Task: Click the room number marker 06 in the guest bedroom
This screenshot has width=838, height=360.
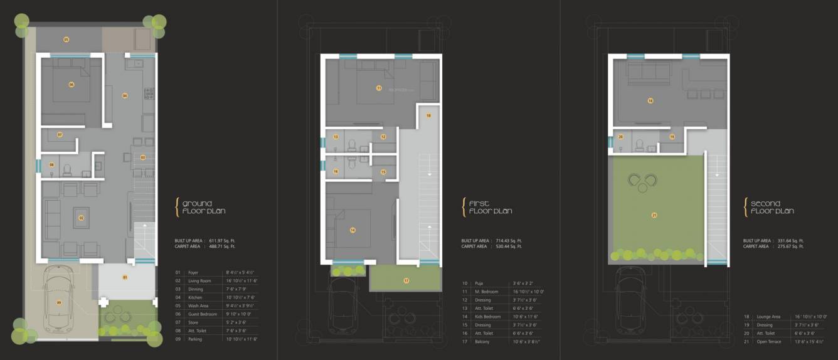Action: point(72,84)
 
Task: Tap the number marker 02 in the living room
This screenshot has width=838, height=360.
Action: point(82,218)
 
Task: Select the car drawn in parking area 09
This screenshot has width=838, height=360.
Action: point(60,303)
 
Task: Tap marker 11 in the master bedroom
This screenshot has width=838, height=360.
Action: point(379,88)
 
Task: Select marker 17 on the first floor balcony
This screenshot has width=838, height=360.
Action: point(406,280)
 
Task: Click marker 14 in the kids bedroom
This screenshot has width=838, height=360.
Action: point(353,230)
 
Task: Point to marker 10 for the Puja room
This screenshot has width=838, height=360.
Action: point(429,116)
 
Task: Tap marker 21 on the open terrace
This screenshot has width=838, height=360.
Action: point(654,215)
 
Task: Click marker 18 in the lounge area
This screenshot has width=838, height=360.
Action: point(650,100)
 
